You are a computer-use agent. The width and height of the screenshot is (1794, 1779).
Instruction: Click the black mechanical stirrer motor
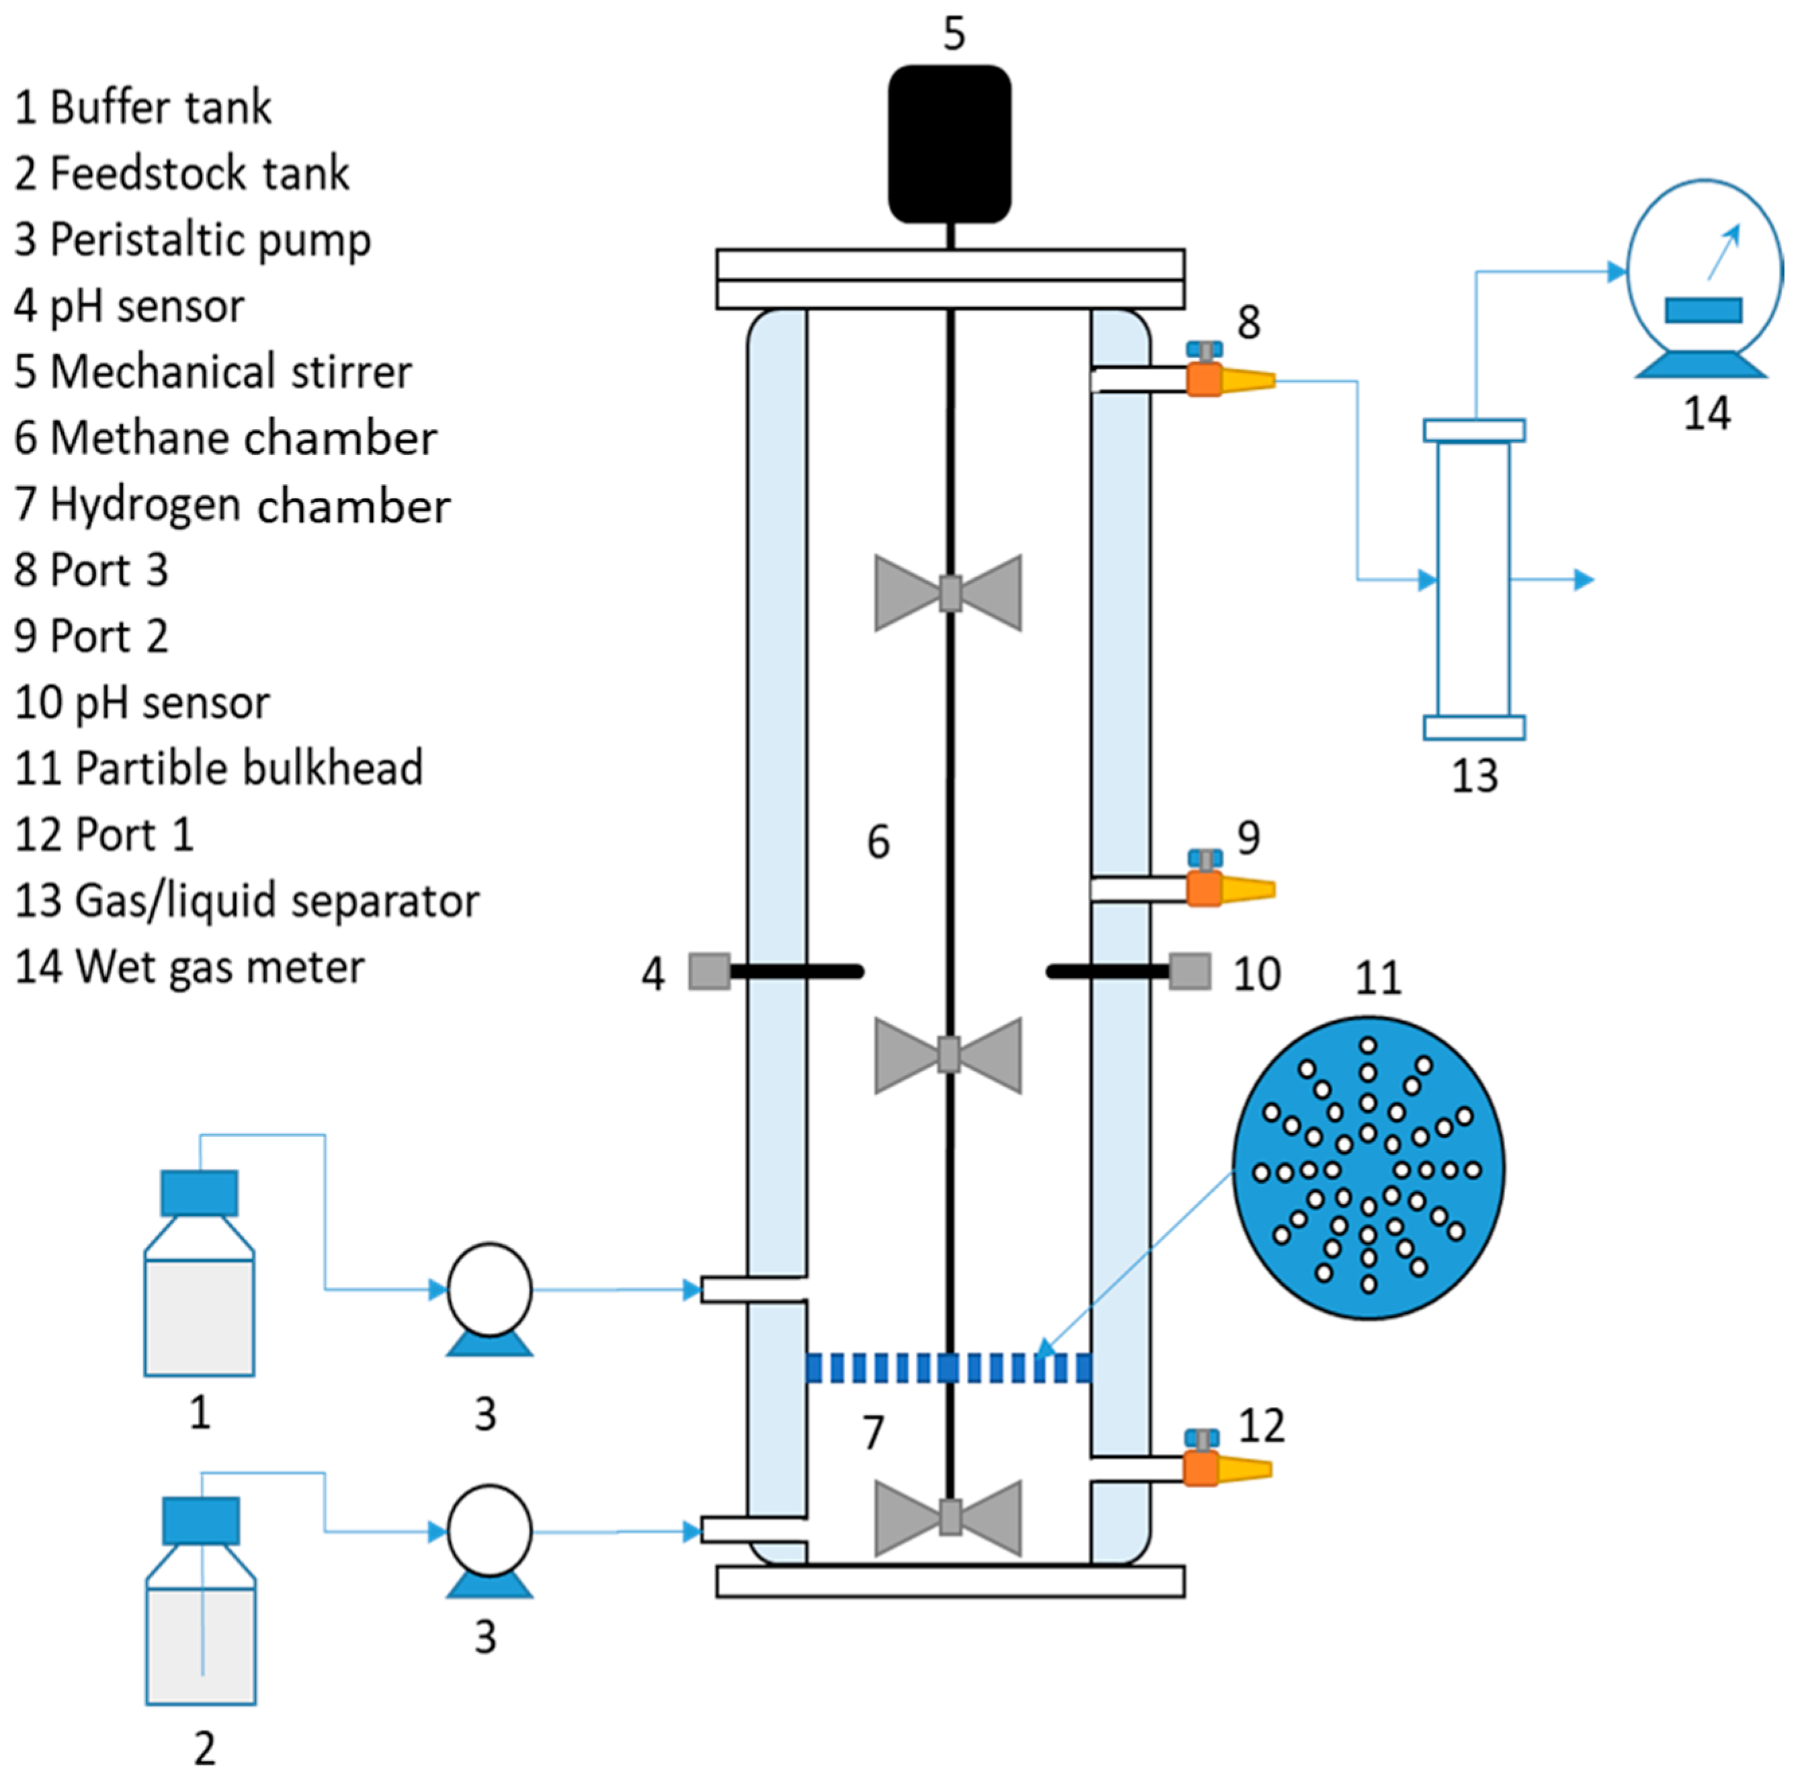coord(949,144)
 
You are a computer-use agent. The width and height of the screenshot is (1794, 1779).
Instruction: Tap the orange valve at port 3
coord(1203,378)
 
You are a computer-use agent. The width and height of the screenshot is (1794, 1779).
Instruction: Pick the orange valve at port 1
coord(1201,1468)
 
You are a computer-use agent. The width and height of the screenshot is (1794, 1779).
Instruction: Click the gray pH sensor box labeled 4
coord(708,971)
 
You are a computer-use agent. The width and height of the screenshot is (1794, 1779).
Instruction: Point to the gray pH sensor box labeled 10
coord(1189,971)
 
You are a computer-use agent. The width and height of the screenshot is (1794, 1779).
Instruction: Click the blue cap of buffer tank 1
coord(199,1193)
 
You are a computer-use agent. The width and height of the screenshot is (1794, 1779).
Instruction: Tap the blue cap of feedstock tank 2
coord(201,1520)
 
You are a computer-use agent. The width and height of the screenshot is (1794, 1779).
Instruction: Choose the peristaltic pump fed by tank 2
coord(489,1531)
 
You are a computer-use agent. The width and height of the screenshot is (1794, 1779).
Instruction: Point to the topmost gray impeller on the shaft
coord(948,593)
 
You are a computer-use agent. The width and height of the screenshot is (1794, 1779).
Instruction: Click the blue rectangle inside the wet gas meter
coord(1703,309)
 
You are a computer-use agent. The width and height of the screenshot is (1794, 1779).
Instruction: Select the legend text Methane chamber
coord(243,438)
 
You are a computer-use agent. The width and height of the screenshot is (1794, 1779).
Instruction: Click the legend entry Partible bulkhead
coord(248,768)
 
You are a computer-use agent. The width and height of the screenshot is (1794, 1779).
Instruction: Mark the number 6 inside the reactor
coord(878,842)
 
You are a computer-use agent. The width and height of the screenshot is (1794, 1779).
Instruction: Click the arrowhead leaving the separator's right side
coord(1584,580)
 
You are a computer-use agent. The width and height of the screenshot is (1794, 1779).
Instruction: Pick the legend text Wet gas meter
coord(220,967)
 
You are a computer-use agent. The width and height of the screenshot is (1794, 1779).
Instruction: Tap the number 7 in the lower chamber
coord(873,1432)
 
